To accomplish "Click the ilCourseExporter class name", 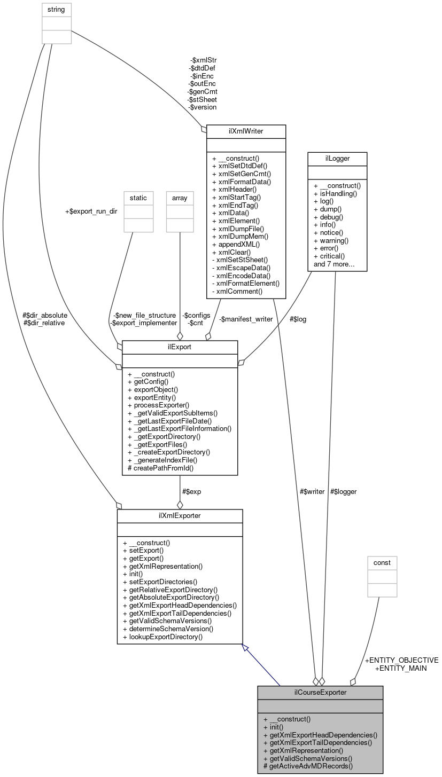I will pos(320,693).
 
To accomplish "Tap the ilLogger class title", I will pos(337,159).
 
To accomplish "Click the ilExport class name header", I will pos(180,347).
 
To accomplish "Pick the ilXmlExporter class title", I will pos(180,515).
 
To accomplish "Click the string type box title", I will pos(57,10).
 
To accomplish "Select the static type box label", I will pos(138,198).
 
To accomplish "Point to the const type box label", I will pos(382,563).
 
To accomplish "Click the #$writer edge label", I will pos(313,491).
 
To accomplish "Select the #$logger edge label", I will pos(343,491).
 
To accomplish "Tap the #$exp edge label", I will pos(191,491).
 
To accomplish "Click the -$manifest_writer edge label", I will pos(246,319).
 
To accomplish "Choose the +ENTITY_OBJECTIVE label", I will pos(401,660).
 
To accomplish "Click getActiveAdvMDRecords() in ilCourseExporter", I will pos(308,766).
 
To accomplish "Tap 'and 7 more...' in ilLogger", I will pos(335,264).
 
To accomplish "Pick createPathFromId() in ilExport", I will pos(161,468).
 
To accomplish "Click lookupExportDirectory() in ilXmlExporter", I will pos(162,637).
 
